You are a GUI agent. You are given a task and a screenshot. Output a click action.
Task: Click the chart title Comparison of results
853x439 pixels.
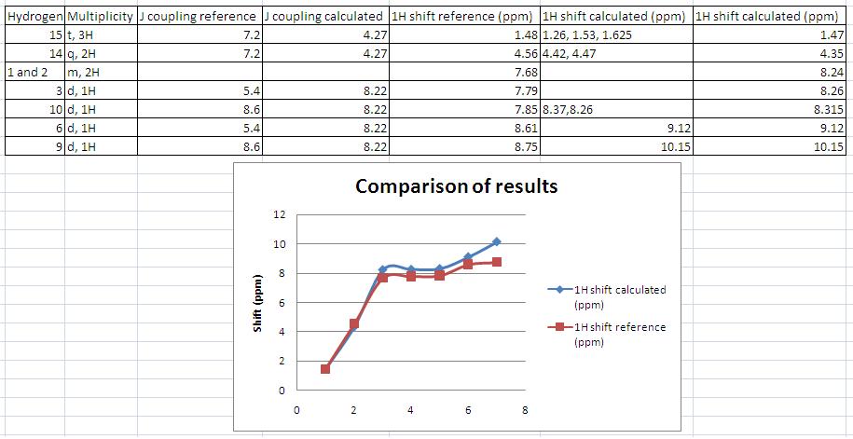(x=456, y=186)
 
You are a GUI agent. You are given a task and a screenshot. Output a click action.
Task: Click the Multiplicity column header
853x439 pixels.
(x=99, y=17)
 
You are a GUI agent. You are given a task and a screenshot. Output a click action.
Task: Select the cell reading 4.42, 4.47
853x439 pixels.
(x=569, y=53)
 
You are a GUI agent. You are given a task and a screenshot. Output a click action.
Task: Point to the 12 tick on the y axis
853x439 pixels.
(x=278, y=215)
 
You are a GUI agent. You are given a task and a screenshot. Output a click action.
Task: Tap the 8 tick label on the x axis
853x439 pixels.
(x=525, y=410)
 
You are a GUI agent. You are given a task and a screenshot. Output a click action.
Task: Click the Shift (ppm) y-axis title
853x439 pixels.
(x=260, y=303)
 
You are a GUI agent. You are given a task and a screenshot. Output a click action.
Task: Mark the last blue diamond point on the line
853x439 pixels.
(x=496, y=242)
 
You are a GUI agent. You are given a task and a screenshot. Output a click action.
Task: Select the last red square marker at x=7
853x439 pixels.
(x=496, y=263)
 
